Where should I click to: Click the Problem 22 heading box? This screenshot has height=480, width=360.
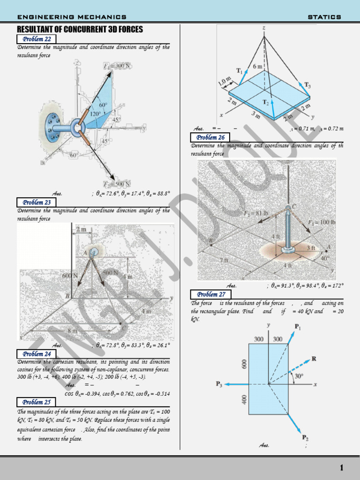pos(37,39)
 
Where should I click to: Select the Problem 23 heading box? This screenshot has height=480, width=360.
pos(37,202)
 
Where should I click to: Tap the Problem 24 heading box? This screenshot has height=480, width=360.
pos(37,354)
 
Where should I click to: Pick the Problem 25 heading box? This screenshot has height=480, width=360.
pos(37,402)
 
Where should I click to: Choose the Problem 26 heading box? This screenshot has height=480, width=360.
pos(210,137)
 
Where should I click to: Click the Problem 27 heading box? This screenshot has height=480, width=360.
pos(210,294)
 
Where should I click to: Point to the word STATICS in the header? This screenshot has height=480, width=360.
pos(324,17)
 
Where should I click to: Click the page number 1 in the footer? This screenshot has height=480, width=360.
pos(342,468)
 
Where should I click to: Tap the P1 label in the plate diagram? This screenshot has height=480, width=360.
pos(298,326)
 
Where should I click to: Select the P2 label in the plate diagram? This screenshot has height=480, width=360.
pos(305,438)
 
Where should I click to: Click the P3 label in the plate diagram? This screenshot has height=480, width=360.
pos(219,384)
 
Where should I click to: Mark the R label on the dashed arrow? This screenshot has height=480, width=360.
pos(314,359)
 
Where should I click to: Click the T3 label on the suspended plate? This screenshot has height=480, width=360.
pos(307,85)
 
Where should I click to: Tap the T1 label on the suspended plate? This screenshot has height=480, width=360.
pos(240,71)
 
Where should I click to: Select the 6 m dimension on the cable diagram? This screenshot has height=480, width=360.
pos(258,67)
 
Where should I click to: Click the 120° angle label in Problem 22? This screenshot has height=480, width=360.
pos(95,114)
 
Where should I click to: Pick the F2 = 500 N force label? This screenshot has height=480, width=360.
pos(117,183)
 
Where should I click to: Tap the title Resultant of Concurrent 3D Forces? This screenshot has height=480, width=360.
pos(80,30)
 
